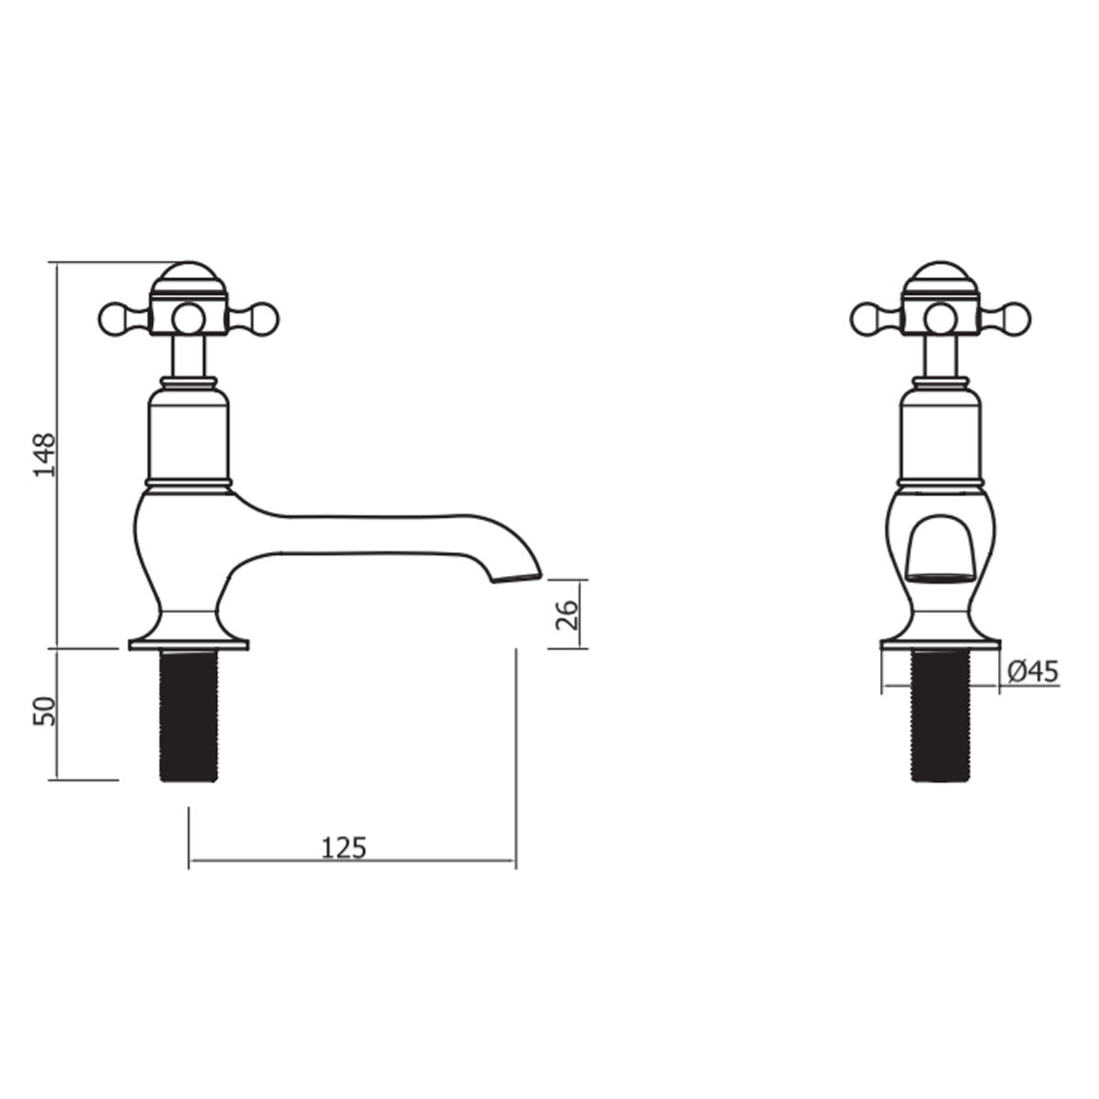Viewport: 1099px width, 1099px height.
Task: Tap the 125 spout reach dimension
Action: coord(344,848)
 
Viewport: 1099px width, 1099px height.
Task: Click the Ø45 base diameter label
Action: coord(1032,673)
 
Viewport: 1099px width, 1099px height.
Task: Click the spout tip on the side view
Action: coord(517,575)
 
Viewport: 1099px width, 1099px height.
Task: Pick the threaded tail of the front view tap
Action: coord(941,714)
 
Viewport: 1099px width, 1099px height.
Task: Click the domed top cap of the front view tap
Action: coord(941,277)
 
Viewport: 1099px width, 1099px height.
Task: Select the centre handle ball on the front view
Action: coord(941,317)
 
